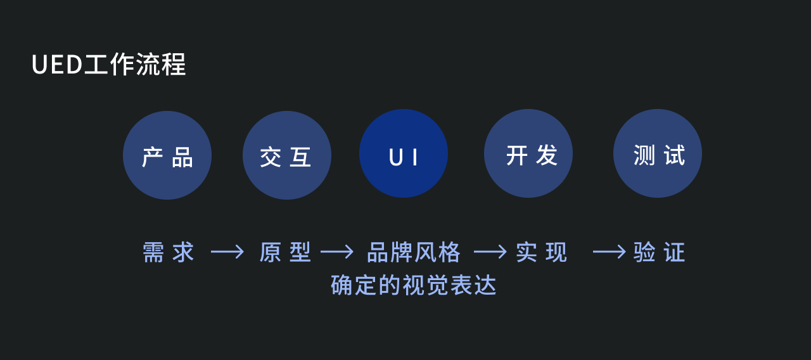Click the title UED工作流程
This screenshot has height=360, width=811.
click(108, 65)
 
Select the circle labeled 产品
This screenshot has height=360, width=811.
click(167, 155)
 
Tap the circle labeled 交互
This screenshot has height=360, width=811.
click(287, 155)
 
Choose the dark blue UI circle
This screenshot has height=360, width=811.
click(404, 153)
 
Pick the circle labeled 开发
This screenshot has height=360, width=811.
click(528, 153)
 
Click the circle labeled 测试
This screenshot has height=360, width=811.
click(658, 153)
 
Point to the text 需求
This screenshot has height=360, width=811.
click(168, 252)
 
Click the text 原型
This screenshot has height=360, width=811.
click(285, 252)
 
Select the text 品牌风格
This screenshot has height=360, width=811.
click(414, 252)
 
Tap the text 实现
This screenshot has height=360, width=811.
click(541, 252)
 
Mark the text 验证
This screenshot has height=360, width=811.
click(659, 252)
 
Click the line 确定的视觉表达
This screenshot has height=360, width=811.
click(414, 285)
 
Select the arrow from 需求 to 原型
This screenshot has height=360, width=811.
click(227, 252)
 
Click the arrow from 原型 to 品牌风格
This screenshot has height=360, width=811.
click(337, 252)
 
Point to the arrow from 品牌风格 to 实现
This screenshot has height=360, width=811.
click(490, 252)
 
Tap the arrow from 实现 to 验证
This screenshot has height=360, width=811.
click(609, 252)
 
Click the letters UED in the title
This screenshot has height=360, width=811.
click(57, 65)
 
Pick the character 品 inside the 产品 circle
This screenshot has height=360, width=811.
click(182, 157)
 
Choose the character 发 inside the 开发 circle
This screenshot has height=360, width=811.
click(546, 155)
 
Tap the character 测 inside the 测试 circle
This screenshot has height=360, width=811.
click(644, 155)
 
